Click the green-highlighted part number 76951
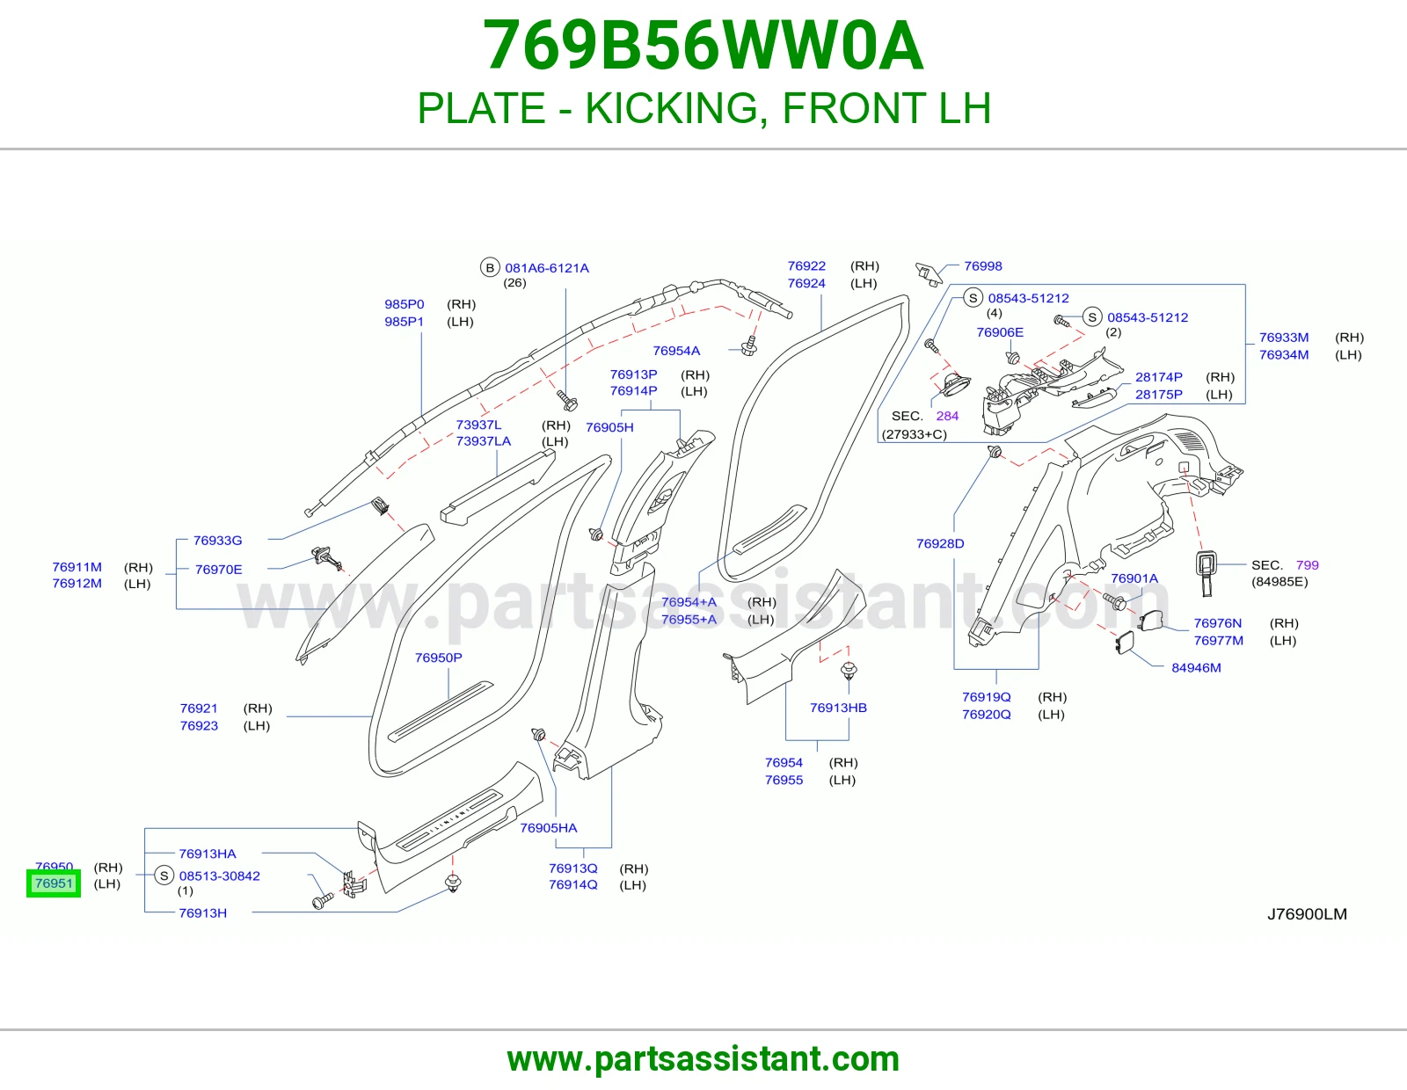(54, 883)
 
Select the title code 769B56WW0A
(703, 46)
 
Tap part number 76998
(982, 266)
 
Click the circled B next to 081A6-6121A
(490, 267)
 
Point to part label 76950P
(438, 658)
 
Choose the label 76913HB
(838, 708)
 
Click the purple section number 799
(1307, 565)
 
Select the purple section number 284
(946, 416)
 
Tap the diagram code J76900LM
(1307, 914)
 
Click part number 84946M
(1196, 667)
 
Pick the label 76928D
(939, 544)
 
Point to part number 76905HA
(548, 828)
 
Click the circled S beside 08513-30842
(164, 876)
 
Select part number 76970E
(218, 570)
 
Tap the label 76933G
(217, 541)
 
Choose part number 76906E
(1000, 332)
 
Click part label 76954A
(676, 351)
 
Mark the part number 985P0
(404, 304)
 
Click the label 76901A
(1134, 578)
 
